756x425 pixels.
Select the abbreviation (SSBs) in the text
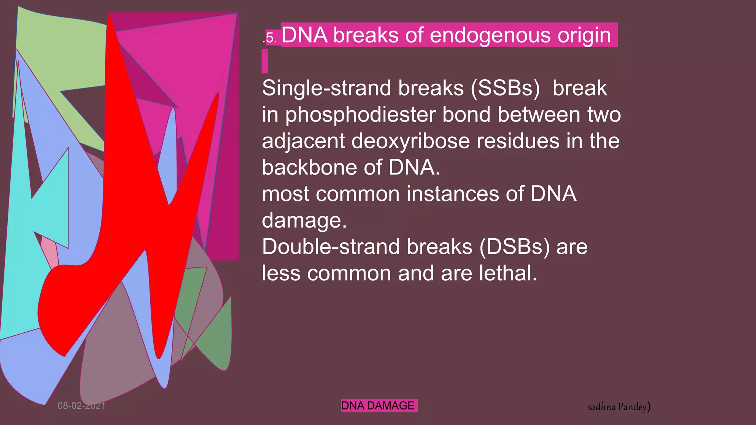click(505, 89)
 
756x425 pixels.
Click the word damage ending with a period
click(304, 221)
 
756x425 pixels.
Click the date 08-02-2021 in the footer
click(82, 406)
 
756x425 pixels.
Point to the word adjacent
click(303, 142)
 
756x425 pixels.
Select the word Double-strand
click(330, 247)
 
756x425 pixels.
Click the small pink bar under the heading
click(265, 61)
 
